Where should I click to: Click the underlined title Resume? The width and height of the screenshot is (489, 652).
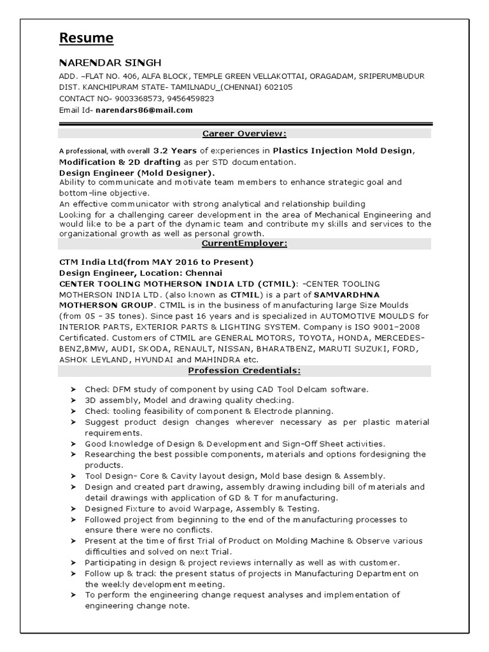tap(86, 39)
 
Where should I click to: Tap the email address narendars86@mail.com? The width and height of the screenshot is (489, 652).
tap(144, 110)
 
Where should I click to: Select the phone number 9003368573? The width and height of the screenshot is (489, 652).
tap(138, 99)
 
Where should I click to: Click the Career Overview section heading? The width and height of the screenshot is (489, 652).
tap(244, 134)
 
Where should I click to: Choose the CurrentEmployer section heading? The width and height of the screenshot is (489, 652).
tap(244, 244)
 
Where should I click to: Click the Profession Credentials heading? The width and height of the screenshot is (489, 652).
tap(244, 371)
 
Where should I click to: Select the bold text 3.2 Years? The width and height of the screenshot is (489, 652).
tap(175, 151)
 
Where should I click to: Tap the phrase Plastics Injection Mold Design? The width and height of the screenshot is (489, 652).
tap(343, 151)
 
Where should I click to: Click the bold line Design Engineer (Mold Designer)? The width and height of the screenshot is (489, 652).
tap(137, 173)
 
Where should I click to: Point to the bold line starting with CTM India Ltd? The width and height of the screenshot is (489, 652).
tap(156, 262)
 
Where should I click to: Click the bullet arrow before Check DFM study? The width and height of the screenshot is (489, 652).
tap(73, 389)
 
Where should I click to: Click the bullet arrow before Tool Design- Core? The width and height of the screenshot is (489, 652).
tap(73, 476)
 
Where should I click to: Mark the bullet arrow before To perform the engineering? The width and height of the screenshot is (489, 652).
tap(73, 595)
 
